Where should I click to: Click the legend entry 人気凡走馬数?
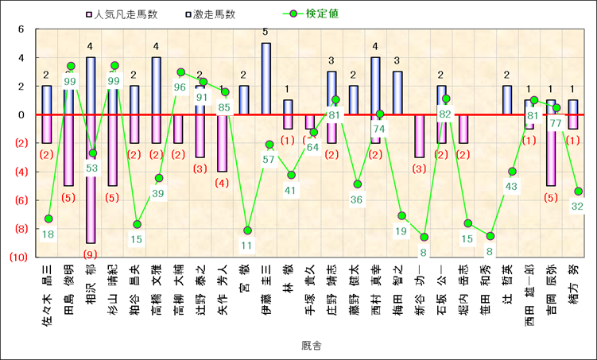123,14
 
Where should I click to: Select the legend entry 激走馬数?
209,14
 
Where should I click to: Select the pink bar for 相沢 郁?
91,179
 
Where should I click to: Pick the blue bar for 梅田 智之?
397,93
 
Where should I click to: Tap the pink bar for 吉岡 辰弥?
551,150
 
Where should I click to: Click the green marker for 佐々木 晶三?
48,219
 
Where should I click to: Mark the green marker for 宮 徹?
247,230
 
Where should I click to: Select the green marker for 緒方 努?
579,191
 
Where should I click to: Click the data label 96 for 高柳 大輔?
180,87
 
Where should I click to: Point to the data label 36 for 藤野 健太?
358,199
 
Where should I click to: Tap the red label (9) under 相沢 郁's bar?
91,254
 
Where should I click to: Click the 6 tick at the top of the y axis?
21,29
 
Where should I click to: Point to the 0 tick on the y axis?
21,114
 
